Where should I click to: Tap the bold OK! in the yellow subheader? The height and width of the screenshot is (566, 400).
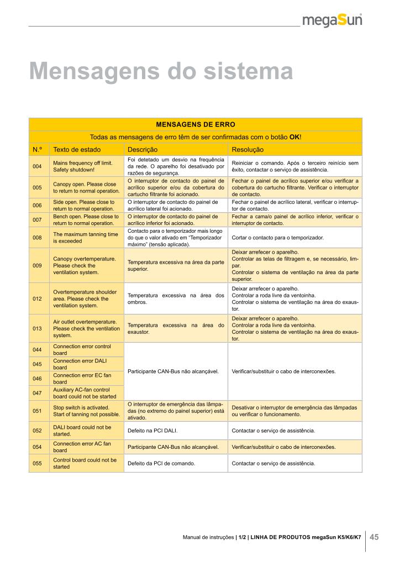point(296,137)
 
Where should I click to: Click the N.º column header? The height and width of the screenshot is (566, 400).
point(38,150)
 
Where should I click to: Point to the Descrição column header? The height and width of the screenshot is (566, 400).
point(143,150)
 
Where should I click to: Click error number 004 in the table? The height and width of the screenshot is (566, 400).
point(38,166)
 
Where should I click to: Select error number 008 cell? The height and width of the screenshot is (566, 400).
point(38,238)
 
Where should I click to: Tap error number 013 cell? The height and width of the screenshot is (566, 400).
point(38,328)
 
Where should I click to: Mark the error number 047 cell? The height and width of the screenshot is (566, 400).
point(38,392)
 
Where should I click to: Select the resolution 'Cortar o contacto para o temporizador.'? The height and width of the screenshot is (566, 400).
point(277,238)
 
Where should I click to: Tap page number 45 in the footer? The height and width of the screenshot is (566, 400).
point(375,537)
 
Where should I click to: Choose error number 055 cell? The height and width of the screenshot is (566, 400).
point(38,463)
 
